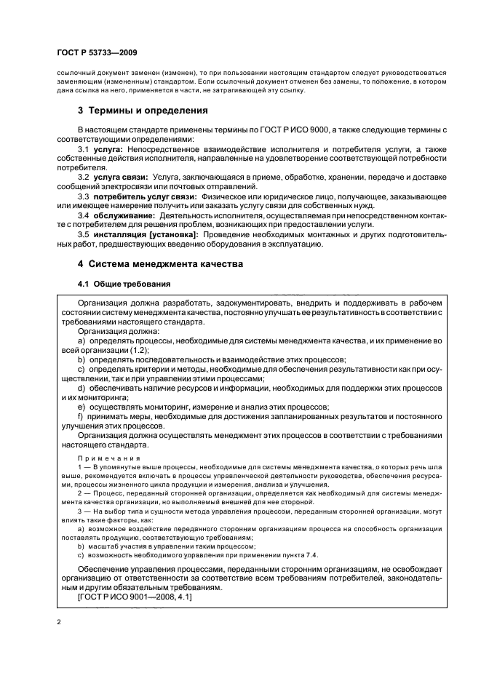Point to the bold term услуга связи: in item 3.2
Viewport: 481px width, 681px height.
(120, 177)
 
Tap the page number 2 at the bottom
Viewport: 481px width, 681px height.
(58, 622)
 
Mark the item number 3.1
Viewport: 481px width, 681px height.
(83, 148)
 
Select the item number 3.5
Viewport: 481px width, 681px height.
(83, 235)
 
